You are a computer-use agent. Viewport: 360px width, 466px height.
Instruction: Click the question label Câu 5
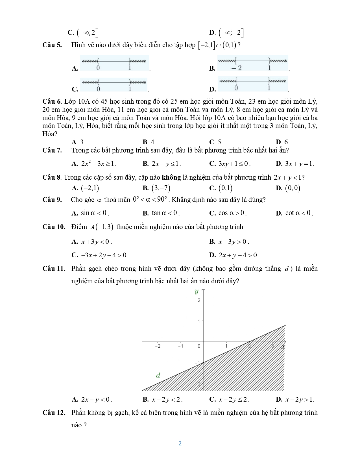[52, 45]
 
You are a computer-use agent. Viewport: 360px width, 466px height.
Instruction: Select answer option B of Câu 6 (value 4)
[149, 142]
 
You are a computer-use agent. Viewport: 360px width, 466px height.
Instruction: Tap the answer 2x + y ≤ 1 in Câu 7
[166, 164]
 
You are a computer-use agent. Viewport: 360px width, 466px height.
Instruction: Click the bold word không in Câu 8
[171, 177]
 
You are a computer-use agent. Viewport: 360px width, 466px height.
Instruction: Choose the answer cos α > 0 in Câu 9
[232, 213]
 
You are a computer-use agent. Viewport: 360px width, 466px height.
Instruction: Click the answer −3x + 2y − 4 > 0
[105, 255]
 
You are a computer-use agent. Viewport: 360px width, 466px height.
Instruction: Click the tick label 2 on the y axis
[199, 300]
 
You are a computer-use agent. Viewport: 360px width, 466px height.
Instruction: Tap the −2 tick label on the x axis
[158, 346]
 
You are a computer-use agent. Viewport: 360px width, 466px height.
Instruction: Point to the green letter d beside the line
[158, 375]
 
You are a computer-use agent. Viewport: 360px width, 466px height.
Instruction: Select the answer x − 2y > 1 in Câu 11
[299, 399]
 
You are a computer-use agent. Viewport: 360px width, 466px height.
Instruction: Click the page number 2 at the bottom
[180, 443]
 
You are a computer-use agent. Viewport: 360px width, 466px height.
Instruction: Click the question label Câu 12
[54, 413]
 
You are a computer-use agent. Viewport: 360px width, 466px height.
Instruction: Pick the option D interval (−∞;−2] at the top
[231, 33]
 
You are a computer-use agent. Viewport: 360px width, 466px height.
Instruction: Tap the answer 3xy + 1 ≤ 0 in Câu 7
[234, 164]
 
